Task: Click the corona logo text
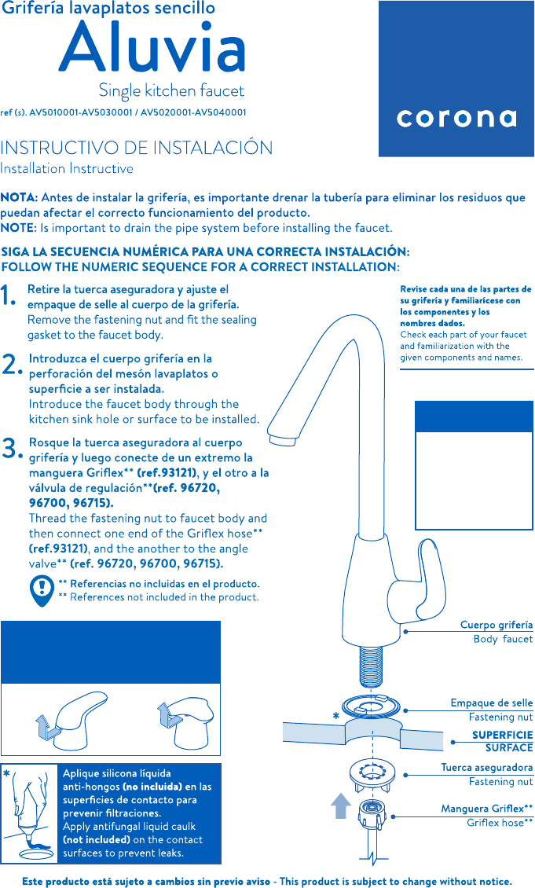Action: click(x=456, y=118)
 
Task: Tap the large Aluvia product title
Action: click(x=152, y=48)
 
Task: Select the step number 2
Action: click(x=11, y=364)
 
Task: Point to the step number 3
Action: click(x=11, y=449)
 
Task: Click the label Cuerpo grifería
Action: click(x=496, y=625)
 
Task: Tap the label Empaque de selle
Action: click(x=491, y=703)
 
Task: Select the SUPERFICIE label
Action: click(x=502, y=735)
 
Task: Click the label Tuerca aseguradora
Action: click(x=486, y=767)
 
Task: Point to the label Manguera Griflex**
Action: click(x=486, y=808)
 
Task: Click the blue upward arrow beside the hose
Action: click(x=340, y=805)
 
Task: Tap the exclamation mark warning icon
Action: click(x=40, y=590)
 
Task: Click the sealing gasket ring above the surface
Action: click(x=372, y=706)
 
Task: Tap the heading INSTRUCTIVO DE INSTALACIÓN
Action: click(x=137, y=148)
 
